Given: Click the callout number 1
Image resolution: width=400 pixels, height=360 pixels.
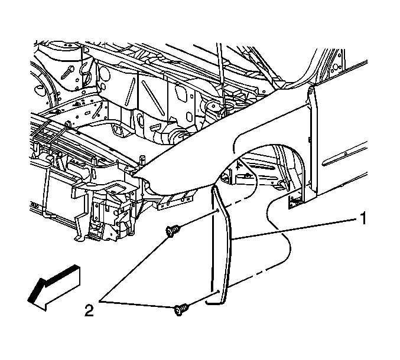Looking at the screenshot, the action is (363, 218).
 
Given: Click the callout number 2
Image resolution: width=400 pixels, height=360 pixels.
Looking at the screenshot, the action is (89, 310).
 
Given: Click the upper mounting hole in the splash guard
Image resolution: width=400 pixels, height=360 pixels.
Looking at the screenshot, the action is (216, 210).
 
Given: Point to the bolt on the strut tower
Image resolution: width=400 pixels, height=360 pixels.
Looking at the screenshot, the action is (67, 72).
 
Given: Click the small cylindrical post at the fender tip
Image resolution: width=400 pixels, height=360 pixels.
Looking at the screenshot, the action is (142, 159).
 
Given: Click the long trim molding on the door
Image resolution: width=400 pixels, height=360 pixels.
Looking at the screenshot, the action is (345, 155).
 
